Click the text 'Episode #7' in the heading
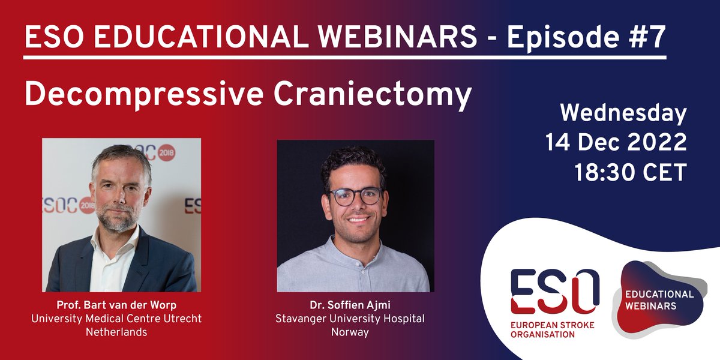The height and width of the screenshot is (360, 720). pyautogui.click(x=587, y=38)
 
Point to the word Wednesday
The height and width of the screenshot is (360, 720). pyautogui.click(x=623, y=114)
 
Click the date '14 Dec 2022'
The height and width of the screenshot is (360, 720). pyautogui.click(x=616, y=143)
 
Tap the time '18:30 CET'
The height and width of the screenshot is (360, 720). pyautogui.click(x=630, y=172)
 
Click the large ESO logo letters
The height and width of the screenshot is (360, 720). pyautogui.click(x=554, y=291)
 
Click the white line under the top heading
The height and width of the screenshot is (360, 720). pyautogui.click(x=345, y=58)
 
